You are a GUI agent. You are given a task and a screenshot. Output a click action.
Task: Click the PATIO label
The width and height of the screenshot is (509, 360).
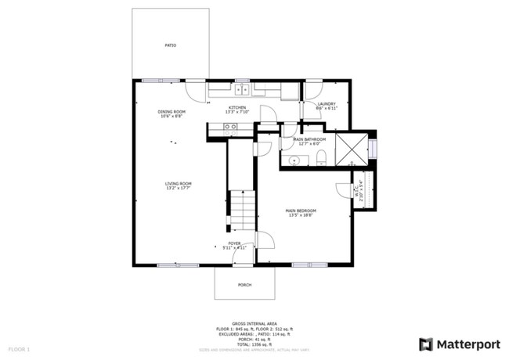(170, 45)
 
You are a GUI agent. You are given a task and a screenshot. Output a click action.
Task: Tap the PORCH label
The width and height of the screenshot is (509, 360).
(245, 285)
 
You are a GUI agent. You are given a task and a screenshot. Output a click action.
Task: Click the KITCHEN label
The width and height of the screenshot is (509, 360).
(237, 109)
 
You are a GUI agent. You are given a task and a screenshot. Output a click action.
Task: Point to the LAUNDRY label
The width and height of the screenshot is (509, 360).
(327, 105)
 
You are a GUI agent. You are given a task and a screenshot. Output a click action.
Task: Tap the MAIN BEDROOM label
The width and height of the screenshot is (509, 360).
(300, 212)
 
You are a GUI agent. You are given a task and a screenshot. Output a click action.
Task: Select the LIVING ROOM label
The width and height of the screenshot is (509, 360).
(179, 185)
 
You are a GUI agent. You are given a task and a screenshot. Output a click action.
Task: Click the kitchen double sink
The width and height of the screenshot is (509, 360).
(241, 90)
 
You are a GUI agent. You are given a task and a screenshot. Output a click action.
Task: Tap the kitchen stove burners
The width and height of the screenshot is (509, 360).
(230, 131)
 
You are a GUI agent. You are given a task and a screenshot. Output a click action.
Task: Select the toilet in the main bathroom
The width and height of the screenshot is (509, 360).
(322, 160)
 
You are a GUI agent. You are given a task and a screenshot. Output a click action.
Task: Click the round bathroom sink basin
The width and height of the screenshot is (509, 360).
(294, 160)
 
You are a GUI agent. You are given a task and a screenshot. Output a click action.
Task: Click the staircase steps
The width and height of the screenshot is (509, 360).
(242, 210)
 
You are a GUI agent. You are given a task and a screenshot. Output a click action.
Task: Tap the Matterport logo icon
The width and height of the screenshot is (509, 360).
(426, 344)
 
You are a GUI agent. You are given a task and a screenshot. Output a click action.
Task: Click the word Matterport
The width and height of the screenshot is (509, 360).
(468, 344)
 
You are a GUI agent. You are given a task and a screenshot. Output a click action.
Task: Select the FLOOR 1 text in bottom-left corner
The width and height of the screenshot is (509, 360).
(19, 347)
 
